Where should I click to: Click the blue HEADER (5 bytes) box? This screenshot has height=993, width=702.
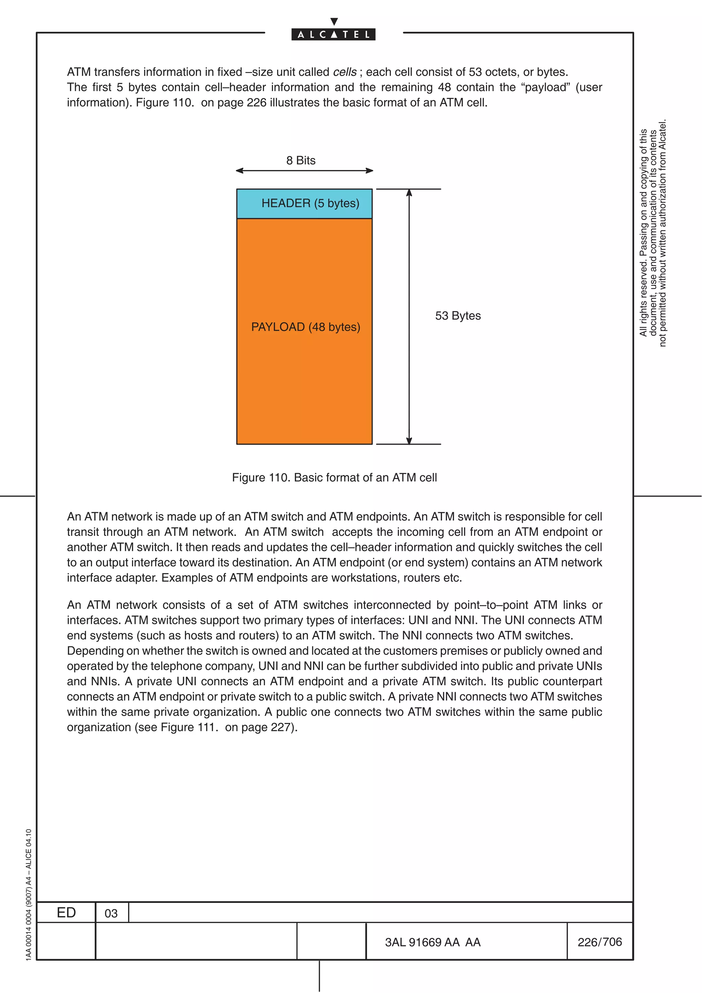(304, 204)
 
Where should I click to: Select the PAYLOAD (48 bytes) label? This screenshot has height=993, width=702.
(305, 327)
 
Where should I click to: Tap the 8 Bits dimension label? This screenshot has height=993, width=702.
(301, 160)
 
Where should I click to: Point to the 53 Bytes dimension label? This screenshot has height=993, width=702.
(458, 316)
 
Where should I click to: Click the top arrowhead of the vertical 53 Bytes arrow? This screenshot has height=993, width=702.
(409, 193)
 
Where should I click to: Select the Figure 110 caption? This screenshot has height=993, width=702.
(334, 477)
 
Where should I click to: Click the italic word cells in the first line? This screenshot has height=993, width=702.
(345, 72)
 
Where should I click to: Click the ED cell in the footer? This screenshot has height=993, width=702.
(66, 912)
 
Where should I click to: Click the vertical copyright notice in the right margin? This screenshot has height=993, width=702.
(653, 234)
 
